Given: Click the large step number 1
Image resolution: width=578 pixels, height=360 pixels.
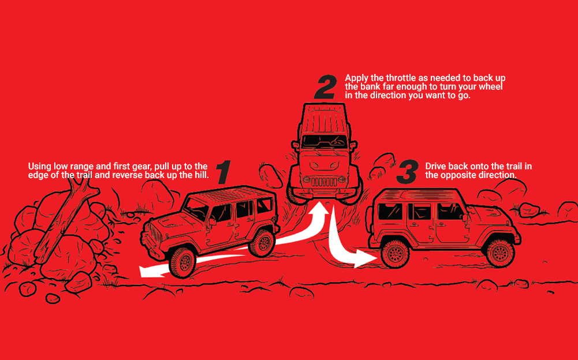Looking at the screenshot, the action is click(224, 172).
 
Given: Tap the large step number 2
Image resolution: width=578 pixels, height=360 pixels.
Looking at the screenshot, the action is click(325, 87).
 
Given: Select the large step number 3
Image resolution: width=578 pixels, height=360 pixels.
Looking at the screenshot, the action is click(408, 172).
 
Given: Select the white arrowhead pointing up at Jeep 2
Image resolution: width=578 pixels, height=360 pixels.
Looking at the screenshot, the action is click(320, 209).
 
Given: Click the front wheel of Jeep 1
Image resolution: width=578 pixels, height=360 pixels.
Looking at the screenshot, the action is click(182, 262).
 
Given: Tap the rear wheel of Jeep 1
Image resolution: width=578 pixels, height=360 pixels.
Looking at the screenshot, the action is click(262, 243).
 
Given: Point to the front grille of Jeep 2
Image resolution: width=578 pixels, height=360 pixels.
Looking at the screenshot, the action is click(325, 181).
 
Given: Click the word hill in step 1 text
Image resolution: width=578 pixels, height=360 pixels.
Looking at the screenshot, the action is click(202, 175).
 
